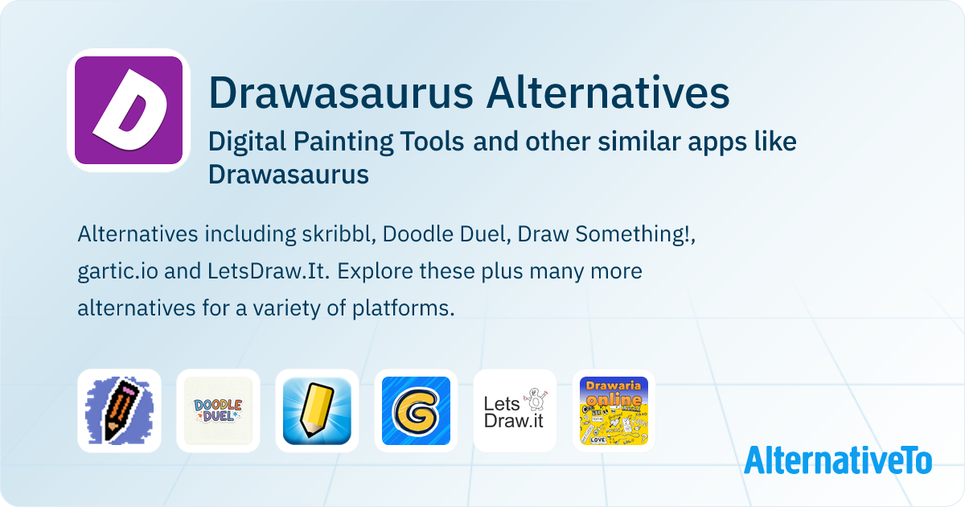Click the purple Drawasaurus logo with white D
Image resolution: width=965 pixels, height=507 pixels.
point(129,110)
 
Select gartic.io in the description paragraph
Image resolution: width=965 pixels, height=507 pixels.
point(117,271)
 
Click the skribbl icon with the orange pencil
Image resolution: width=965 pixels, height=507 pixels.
point(119,411)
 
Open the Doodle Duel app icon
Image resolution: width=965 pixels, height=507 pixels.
point(218,411)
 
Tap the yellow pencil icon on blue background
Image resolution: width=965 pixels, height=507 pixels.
point(317,411)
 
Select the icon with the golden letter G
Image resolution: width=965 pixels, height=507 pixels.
point(416,411)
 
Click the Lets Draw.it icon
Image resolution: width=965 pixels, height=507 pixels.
point(515,411)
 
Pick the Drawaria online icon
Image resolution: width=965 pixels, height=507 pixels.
point(614,411)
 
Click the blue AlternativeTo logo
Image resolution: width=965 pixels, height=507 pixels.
point(837,460)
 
